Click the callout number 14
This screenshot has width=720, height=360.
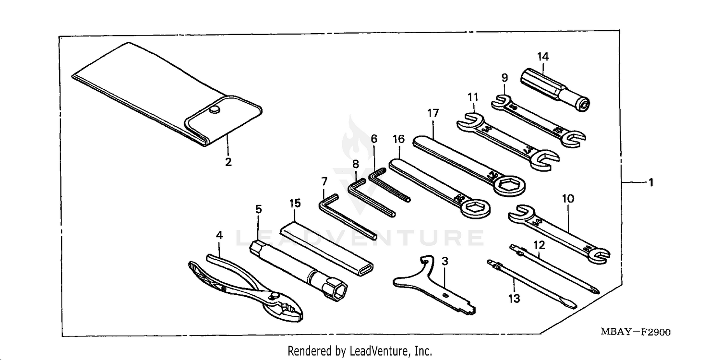tap(542, 57)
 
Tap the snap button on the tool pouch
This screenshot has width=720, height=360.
tap(214, 110)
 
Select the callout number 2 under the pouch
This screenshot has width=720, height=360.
tap(228, 162)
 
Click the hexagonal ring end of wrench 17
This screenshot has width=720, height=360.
tap(509, 185)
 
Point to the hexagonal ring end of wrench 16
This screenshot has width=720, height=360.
tap(475, 208)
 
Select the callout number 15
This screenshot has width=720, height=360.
tap(295, 203)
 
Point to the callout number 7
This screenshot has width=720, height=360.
tap(324, 181)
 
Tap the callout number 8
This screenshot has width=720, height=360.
tap(355, 164)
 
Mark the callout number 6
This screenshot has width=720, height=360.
tap(374, 139)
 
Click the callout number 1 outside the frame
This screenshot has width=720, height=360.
tap(651, 182)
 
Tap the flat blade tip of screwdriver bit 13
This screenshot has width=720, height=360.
tap(571, 305)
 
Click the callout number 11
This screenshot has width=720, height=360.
tap(473, 97)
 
